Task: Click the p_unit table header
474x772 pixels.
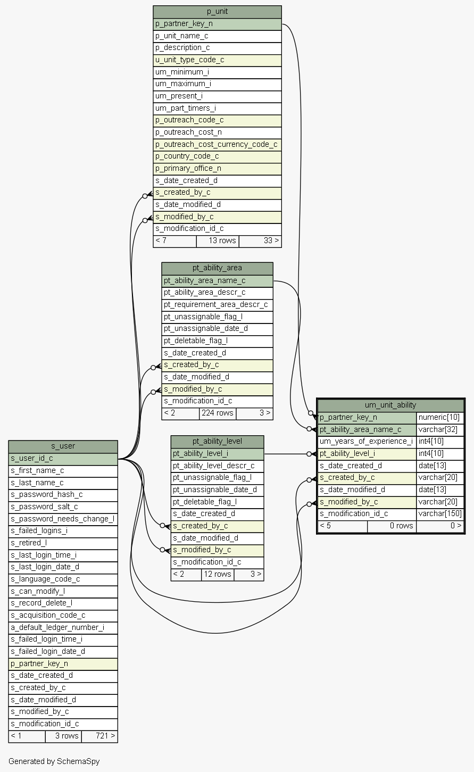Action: point(217,12)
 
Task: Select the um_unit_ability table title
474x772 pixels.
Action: point(390,405)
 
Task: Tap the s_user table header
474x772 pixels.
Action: point(63,446)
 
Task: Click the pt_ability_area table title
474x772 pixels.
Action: point(217,268)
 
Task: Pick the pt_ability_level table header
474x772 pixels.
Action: point(217,441)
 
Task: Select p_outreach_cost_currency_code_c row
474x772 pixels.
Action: point(217,144)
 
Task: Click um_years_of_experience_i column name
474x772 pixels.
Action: point(367,441)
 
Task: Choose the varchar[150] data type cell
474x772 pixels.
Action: point(440,513)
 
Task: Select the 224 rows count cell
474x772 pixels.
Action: point(218,413)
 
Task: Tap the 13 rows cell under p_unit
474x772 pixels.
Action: point(218,240)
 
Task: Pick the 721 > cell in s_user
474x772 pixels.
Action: point(99,736)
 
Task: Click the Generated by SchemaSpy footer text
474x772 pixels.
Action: point(54,761)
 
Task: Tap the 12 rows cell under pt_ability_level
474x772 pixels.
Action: point(217,574)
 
